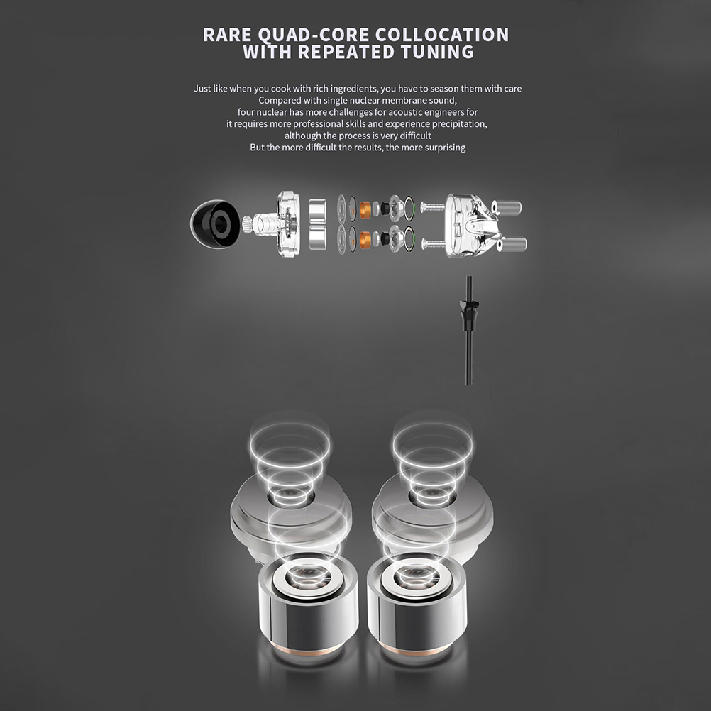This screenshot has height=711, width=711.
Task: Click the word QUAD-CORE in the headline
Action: pos(313,35)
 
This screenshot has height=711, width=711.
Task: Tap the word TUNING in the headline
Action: pos(437,52)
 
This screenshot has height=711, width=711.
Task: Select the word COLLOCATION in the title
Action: pos(442,35)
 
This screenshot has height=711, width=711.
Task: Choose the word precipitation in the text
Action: pos(459,124)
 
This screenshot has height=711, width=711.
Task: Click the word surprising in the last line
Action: pos(445,148)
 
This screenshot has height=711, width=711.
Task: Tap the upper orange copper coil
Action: pos(365,209)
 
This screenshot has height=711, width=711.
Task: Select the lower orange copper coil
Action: pos(365,239)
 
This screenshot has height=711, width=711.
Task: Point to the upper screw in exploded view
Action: pos(434,208)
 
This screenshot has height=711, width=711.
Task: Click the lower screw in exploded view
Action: pos(434,243)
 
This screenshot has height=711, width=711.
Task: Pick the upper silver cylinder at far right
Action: pos(509,208)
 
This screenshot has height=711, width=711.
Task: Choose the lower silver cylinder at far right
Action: pos(512,244)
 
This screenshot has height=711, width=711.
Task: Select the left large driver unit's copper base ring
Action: pos(309,651)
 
